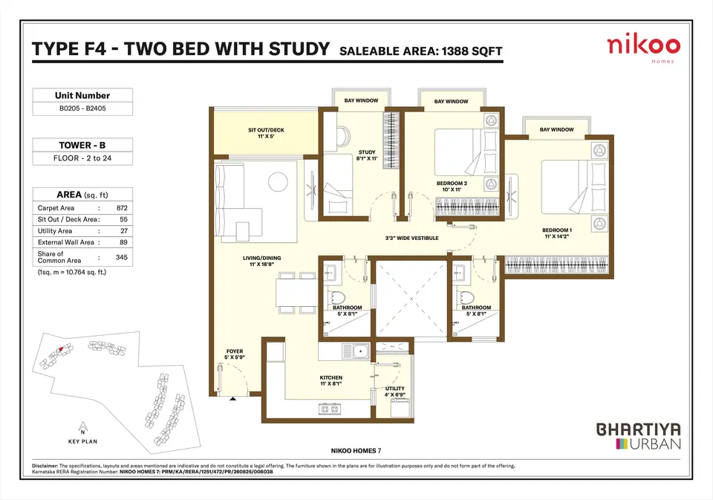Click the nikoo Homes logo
[643, 49]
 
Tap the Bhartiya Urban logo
[639, 436]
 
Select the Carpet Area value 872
[122, 208]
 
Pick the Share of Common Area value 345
[121, 257]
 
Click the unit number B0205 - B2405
[82, 108]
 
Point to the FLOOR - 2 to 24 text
[82, 158]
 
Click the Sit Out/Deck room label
[266, 133]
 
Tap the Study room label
[367, 155]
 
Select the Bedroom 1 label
[557, 233]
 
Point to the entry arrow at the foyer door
[232, 398]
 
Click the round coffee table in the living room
[278, 182]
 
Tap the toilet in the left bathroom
[336, 296]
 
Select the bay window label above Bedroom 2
[451, 102]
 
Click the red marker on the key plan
[59, 349]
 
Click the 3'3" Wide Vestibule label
[412, 238]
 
